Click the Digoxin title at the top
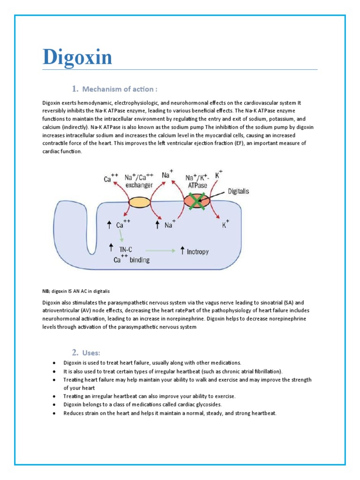click(x=77, y=57)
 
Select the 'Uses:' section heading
click(x=91, y=352)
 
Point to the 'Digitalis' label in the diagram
click(x=242, y=191)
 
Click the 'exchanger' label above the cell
click(x=140, y=185)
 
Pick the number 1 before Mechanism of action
click(x=75, y=89)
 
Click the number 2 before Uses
click(x=75, y=352)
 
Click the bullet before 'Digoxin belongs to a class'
click(x=54, y=405)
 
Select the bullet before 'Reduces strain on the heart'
click(x=54, y=413)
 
